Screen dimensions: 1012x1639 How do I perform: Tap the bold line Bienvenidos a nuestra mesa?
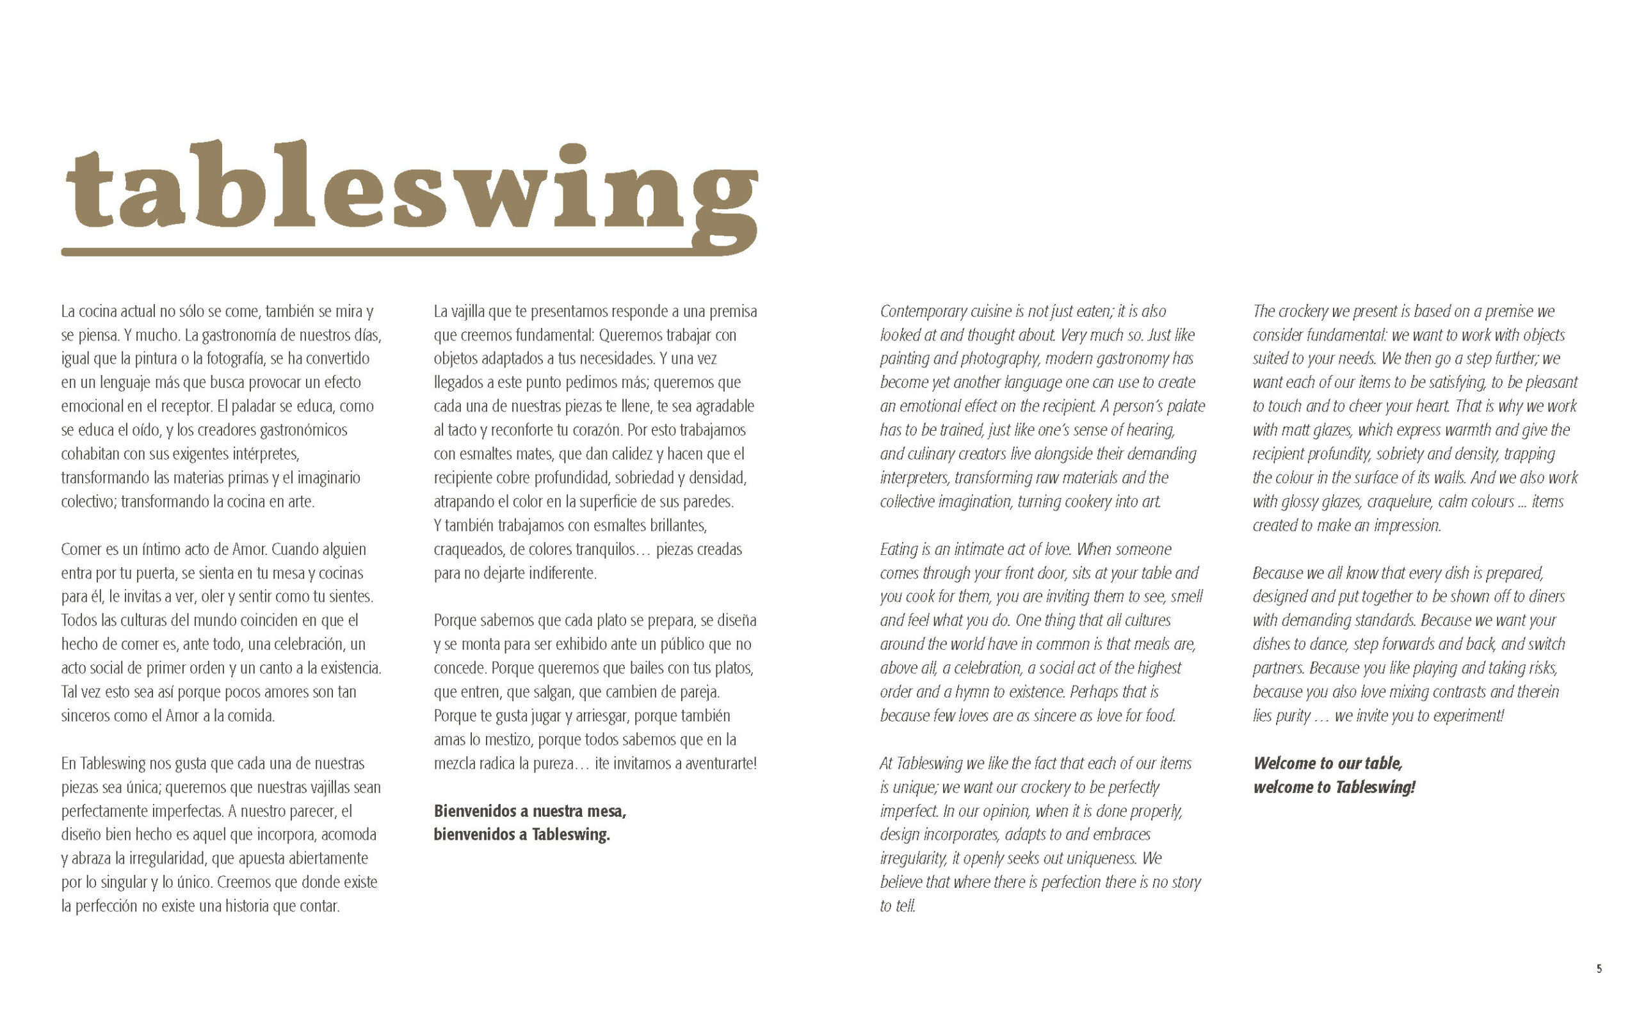tap(529, 811)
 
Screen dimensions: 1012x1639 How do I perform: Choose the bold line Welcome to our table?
tap(1327, 763)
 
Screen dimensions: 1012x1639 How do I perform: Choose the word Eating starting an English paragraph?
tap(898, 549)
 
